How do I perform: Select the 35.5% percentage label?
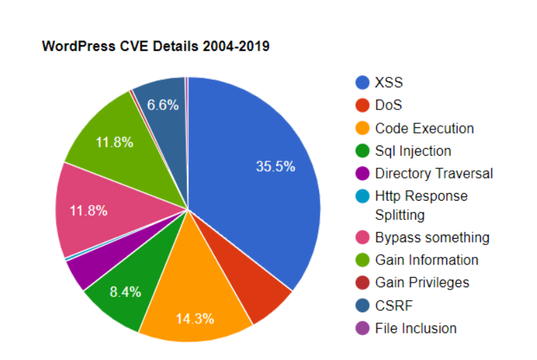point(275,166)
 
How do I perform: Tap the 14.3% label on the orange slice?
point(194,319)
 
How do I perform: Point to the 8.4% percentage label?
point(125,291)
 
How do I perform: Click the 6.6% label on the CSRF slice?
point(163,105)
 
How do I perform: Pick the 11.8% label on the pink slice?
point(88,210)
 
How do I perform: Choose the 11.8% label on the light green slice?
point(114,143)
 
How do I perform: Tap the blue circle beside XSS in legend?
point(362,83)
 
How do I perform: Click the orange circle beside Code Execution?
point(362,129)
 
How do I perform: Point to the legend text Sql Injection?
point(412,151)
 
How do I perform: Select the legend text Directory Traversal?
point(434,173)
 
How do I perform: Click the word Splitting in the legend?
point(400,215)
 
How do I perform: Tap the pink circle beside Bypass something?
point(362,238)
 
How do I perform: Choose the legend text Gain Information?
point(426,260)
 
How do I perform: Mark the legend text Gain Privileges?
point(422,282)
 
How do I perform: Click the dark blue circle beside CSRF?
point(362,305)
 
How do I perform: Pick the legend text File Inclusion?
point(416,328)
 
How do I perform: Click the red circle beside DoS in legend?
point(362,106)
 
